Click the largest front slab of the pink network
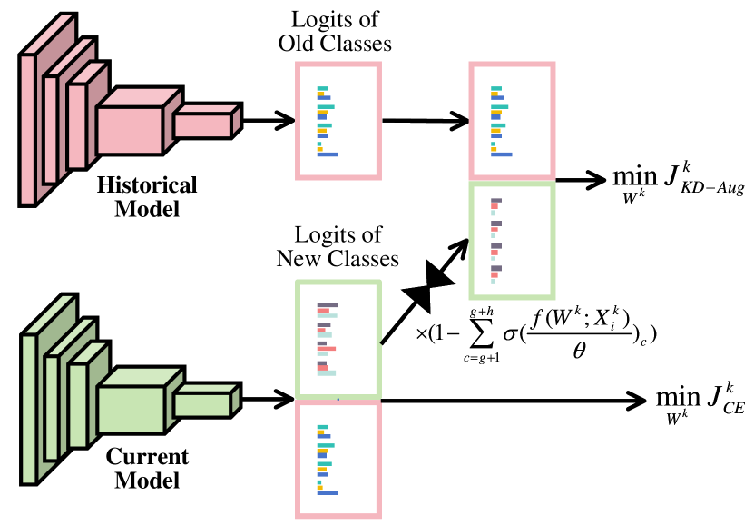click(x=28, y=130)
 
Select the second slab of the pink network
click(x=51, y=130)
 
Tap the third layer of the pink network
click(x=77, y=126)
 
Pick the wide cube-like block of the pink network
click(x=130, y=130)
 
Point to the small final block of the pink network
click(x=202, y=125)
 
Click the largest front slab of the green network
click(x=29, y=409)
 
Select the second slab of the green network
click(x=52, y=408)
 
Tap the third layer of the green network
click(x=78, y=405)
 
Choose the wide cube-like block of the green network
click(x=131, y=410)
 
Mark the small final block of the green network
click(x=201, y=404)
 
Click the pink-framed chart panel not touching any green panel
click(x=338, y=121)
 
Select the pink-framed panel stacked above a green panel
click(x=512, y=121)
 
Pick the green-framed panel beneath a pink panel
click(x=512, y=241)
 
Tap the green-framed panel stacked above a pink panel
click(x=338, y=338)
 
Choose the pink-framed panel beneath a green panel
click(x=338, y=460)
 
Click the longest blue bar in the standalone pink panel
click(x=328, y=154)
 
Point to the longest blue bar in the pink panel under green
click(x=328, y=493)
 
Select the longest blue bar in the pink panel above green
click(x=501, y=154)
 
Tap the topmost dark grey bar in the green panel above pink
click(x=328, y=305)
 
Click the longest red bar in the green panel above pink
click(x=326, y=349)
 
